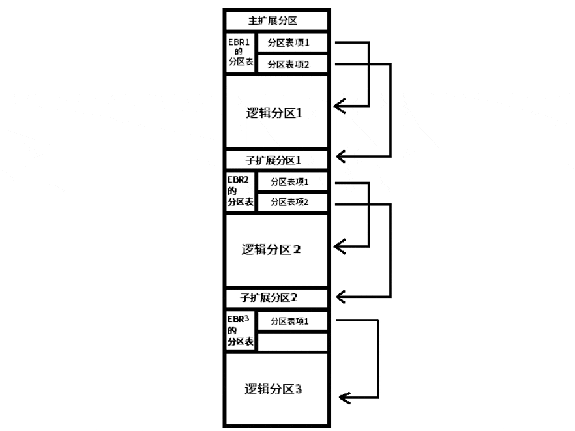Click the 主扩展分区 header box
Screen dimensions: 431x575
[276, 20]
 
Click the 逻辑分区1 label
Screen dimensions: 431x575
[276, 112]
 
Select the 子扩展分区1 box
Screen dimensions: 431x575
[276, 159]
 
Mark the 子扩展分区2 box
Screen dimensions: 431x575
[276, 297]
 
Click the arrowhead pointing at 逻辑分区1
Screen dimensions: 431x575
[340, 106]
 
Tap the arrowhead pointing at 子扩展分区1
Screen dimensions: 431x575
[340, 156]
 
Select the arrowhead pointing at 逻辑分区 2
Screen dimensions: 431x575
[340, 246]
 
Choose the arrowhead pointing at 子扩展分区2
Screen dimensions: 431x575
[340, 297]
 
